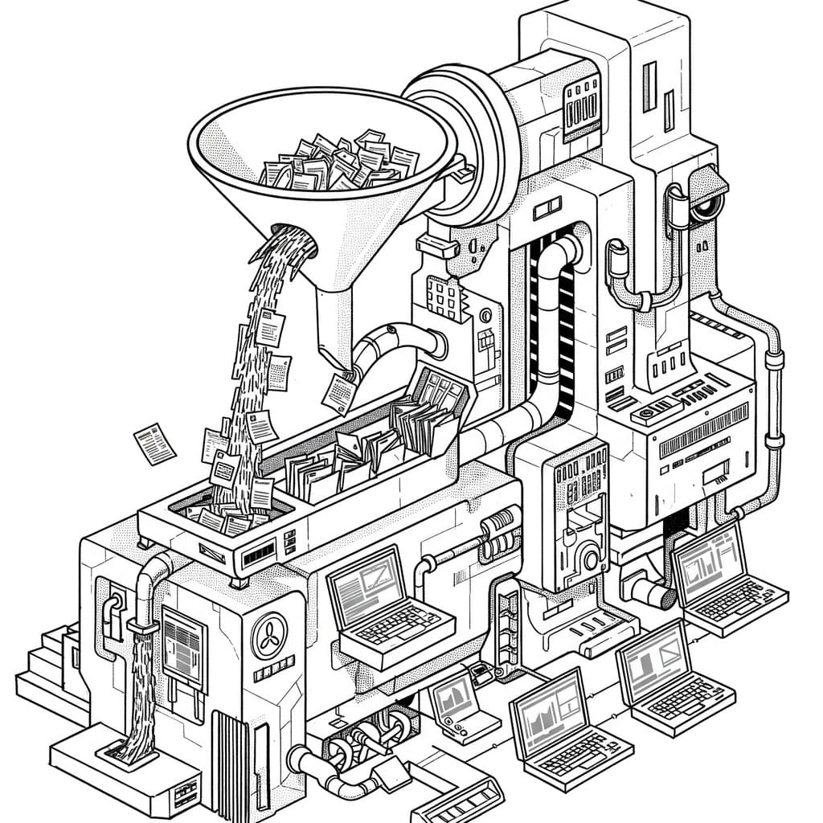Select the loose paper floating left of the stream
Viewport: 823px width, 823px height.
tap(154, 444)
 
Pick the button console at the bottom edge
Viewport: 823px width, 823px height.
tap(458, 800)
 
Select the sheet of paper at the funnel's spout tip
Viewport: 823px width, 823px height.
tap(338, 392)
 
